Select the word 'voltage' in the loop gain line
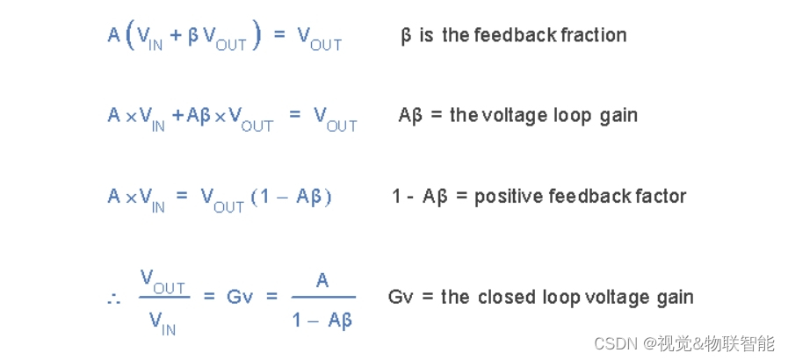point(512,115)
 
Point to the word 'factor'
point(657,196)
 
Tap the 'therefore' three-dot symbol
point(112,299)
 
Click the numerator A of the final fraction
point(323,280)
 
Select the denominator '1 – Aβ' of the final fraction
point(323,320)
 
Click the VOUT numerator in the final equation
point(163,281)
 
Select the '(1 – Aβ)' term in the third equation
point(291,197)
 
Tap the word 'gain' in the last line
point(673,297)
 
